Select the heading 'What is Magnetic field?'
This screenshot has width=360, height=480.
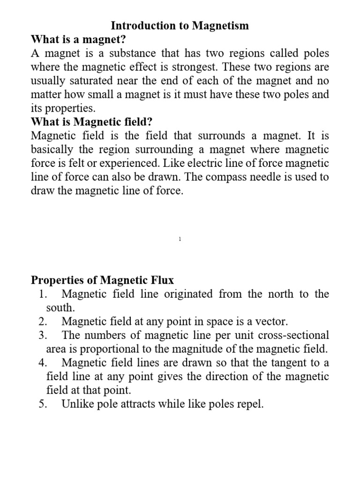(x=92, y=122)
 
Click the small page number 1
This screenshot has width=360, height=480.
(x=180, y=240)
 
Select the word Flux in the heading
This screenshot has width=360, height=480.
(x=161, y=280)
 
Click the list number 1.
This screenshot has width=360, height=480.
(x=43, y=294)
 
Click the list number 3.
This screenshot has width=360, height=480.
(x=43, y=335)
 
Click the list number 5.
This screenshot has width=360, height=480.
(x=43, y=404)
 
